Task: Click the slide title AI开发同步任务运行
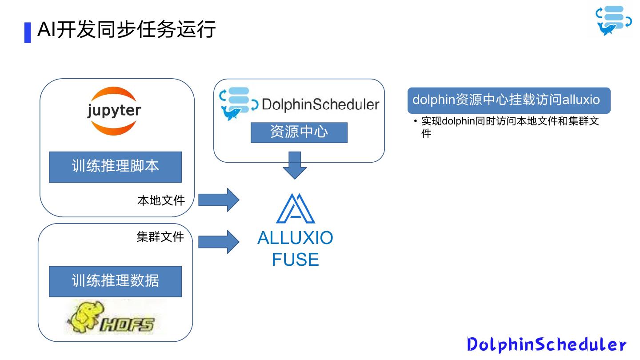pyautogui.click(x=127, y=30)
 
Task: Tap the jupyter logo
pyautogui.click(x=114, y=111)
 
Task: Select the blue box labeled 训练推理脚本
pyautogui.click(x=115, y=167)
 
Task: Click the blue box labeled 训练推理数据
pyautogui.click(x=115, y=281)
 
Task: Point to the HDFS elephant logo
pyautogui.click(x=112, y=318)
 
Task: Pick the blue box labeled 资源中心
pyautogui.click(x=299, y=132)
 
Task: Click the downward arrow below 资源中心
pyautogui.click(x=295, y=165)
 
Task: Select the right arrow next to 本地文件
pyautogui.click(x=219, y=200)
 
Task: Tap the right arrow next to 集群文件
pyautogui.click(x=219, y=242)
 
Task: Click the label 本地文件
pyautogui.click(x=161, y=200)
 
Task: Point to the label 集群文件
pyautogui.click(x=160, y=236)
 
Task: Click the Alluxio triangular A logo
pyautogui.click(x=296, y=208)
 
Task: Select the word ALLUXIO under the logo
pyautogui.click(x=295, y=238)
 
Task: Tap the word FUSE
pyautogui.click(x=295, y=260)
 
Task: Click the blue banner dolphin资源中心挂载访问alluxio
pyautogui.click(x=509, y=100)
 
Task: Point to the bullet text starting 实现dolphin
pyautogui.click(x=510, y=127)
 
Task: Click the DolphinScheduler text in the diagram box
pyautogui.click(x=320, y=104)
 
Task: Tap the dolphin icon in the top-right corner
pyautogui.click(x=614, y=21)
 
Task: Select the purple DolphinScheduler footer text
pyautogui.click(x=547, y=344)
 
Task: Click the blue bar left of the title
pyautogui.click(x=28, y=32)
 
